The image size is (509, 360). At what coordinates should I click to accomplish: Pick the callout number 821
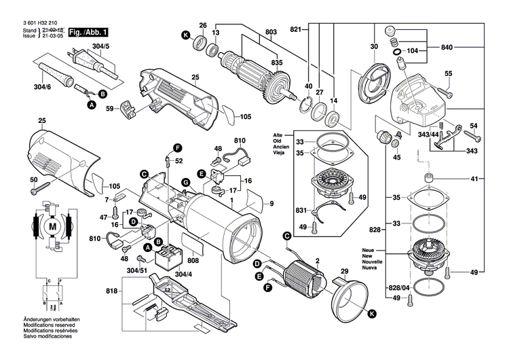(296, 31)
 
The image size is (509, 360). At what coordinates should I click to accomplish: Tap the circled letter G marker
(185, 181)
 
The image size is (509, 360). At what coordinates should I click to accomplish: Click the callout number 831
(301, 211)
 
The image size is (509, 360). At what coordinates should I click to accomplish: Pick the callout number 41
(475, 179)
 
